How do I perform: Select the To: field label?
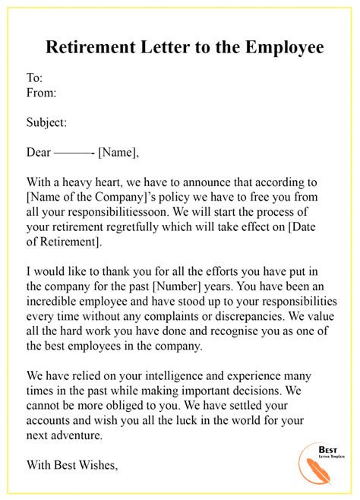click(35, 78)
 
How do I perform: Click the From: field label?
click(43, 93)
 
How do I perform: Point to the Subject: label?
click(47, 122)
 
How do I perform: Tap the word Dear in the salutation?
click(39, 152)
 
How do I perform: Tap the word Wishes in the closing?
click(97, 465)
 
